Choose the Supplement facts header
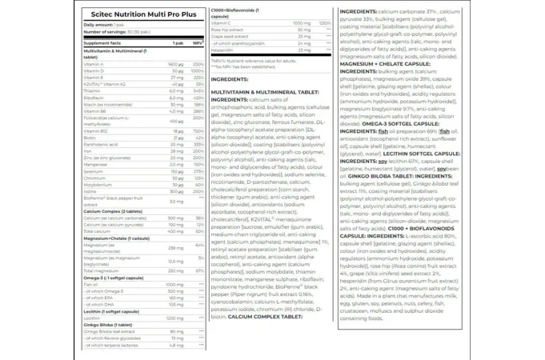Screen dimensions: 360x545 (x=102, y=42)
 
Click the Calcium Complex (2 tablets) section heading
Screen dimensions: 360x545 (x=112, y=211)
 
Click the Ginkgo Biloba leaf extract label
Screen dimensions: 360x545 (x=109, y=331)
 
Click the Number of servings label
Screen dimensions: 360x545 (x=108, y=32)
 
